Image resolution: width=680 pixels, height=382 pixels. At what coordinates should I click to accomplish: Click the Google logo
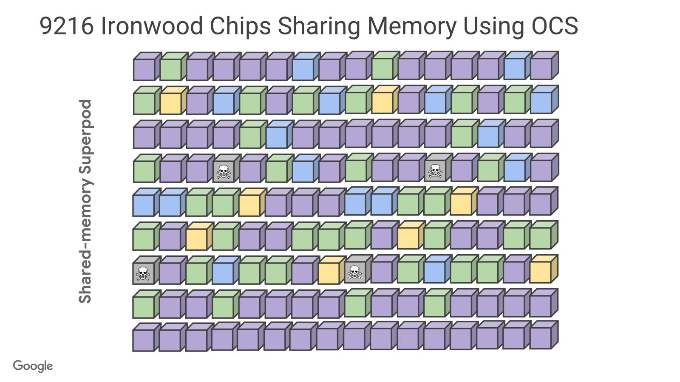click(33, 366)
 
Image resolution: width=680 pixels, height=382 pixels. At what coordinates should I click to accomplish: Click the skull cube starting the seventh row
click(143, 273)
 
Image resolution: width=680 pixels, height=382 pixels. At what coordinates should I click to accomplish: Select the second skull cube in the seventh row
click(355, 272)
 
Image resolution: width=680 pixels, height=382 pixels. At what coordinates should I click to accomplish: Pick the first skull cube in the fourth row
click(223, 171)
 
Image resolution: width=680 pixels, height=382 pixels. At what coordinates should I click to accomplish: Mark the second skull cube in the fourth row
click(435, 170)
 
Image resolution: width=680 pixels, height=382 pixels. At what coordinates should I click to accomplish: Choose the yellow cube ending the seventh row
click(541, 272)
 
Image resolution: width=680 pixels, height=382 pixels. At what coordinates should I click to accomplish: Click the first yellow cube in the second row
click(170, 103)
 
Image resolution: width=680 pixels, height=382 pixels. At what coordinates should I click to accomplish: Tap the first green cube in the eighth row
click(144, 306)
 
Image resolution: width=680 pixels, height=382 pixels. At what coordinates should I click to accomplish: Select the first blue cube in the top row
click(303, 69)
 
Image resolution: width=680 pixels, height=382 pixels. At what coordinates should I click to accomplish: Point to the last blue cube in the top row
click(514, 68)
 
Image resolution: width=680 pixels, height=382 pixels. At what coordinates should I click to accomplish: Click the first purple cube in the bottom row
click(143, 340)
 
